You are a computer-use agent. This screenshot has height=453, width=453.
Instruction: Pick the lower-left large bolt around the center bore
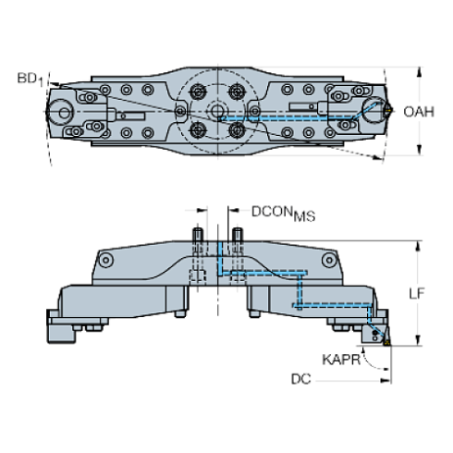[x=197, y=130]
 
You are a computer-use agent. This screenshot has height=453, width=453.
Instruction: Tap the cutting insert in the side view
[x=378, y=333]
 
